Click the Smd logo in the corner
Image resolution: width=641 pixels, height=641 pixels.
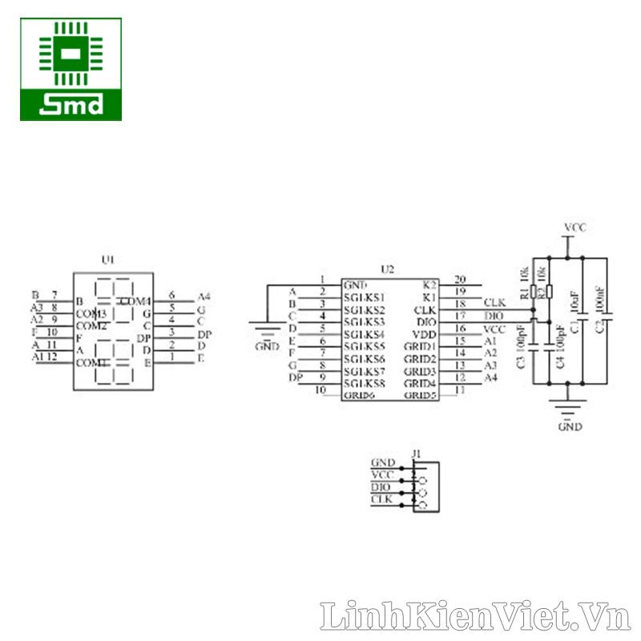pos(71,70)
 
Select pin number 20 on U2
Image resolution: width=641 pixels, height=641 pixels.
pos(459,280)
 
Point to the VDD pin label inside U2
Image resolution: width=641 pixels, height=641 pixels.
pos(425,334)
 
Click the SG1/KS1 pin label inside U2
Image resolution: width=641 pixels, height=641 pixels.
pos(364,297)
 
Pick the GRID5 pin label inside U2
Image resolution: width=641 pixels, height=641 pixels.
pos(420,395)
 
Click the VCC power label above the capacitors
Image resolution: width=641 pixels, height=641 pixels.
pos(574,228)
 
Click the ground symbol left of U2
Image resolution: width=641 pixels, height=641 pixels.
pos(267,329)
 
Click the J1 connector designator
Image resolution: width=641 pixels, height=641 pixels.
pos(416,454)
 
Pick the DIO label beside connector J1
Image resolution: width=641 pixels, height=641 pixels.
pos(382,487)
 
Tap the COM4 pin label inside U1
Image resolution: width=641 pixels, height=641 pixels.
pos(135,301)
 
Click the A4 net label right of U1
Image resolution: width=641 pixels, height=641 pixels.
pos(204,296)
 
